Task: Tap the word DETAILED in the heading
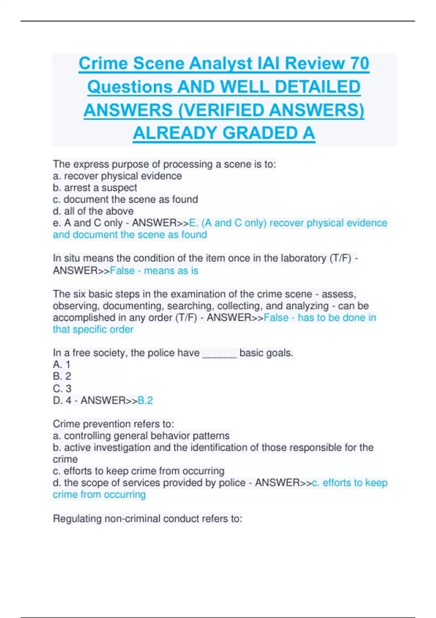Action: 318,87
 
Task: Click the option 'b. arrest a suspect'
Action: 95,188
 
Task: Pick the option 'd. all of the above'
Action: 93,211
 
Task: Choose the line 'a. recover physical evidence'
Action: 117,176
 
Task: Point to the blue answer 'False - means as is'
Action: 154,270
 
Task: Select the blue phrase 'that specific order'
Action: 93,329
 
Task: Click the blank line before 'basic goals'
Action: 219,353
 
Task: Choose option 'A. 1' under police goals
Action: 61,364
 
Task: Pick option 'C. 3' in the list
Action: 62,388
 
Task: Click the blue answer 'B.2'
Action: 145,400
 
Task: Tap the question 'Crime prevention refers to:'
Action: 113,424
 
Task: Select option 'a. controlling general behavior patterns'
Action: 141,436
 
